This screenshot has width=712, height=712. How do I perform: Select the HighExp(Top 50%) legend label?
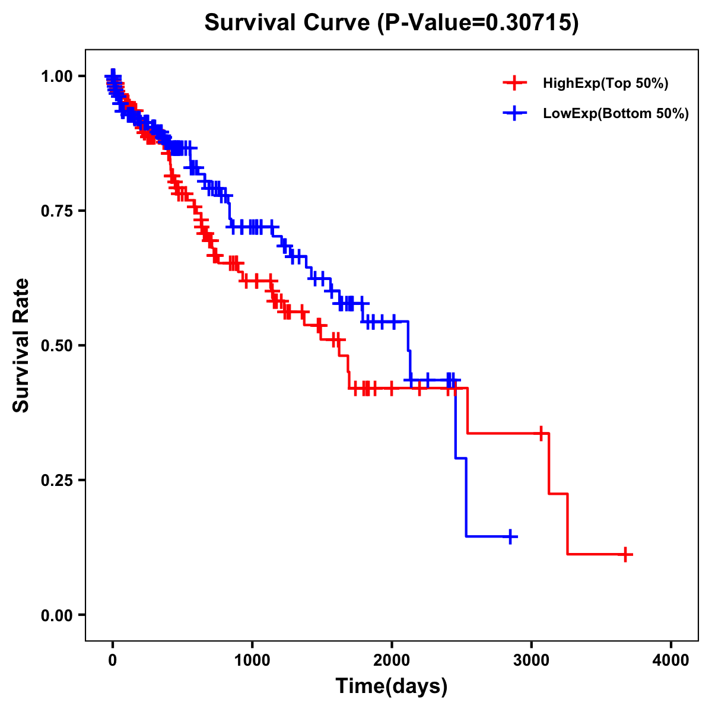[x=606, y=84]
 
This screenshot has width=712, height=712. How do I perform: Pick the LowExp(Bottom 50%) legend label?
[x=616, y=113]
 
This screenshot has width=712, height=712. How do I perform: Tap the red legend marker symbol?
[x=514, y=83]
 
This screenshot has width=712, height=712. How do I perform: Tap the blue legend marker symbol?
[x=514, y=113]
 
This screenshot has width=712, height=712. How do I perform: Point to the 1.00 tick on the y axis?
[x=57, y=77]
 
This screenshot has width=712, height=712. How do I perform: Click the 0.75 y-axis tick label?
[x=57, y=211]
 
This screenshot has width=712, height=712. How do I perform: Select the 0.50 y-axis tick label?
[x=57, y=346]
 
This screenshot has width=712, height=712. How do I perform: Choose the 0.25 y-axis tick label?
[x=57, y=481]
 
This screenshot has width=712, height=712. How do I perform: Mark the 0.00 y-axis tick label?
[x=57, y=615]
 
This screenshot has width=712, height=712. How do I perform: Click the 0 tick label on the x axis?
[x=113, y=661]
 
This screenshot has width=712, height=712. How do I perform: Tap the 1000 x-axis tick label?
[x=252, y=661]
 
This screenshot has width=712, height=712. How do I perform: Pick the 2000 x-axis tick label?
[x=392, y=661]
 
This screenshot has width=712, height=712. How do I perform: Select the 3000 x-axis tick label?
[x=532, y=661]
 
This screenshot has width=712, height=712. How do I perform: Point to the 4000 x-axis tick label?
[x=671, y=661]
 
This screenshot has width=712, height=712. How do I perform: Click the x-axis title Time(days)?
[x=392, y=686]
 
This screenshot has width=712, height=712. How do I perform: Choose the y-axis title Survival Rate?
[x=22, y=345]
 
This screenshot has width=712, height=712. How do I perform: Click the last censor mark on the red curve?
[x=625, y=554]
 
